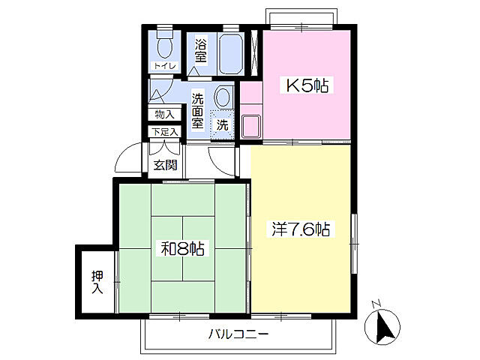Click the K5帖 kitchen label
coord(306,85)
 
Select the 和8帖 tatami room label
coord(182,247)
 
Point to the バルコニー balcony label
coord(238,334)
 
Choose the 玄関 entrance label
coord(165,165)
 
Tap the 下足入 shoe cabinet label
coord(164,133)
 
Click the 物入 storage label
coord(163,115)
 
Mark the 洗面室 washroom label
coord(199,109)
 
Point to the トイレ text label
coord(164,66)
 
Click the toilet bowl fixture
coord(165,46)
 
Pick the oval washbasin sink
coord(223,97)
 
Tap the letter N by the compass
coord(376,304)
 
